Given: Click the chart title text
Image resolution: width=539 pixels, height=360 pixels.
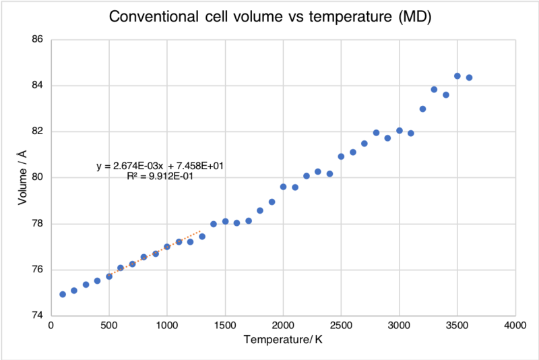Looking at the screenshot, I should [x=269, y=16].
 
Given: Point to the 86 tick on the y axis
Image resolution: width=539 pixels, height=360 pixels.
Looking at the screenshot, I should [x=38, y=40].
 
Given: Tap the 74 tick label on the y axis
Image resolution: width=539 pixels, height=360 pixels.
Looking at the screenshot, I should [x=38, y=316].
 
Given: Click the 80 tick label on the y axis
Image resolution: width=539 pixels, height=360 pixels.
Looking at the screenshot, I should [x=38, y=178].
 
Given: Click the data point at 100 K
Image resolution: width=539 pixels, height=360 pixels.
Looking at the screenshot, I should [x=63, y=294].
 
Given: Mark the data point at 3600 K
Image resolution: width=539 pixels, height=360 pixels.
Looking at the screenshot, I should [x=469, y=78].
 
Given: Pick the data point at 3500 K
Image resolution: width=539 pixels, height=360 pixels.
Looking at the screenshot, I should [x=457, y=76].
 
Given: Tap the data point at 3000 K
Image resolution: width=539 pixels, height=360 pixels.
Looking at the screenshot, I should [x=400, y=131].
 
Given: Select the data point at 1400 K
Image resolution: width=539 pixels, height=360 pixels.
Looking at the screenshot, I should [x=214, y=224].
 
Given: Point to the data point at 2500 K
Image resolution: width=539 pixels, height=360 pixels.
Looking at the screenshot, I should [x=341, y=156].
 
